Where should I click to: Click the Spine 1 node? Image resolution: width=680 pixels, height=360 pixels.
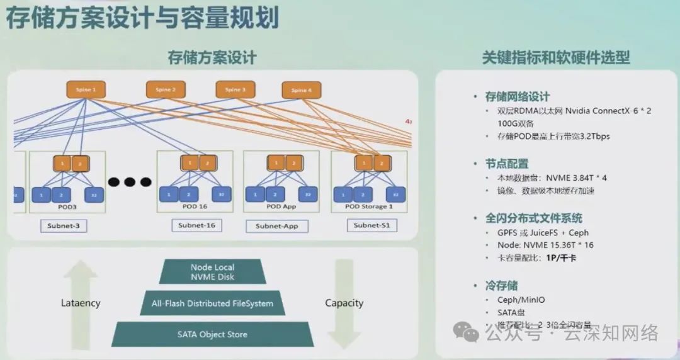pyautogui.click(x=86, y=90)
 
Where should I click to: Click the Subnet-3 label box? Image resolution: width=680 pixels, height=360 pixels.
pyautogui.click(x=64, y=225)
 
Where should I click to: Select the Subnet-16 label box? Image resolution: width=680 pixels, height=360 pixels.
pyautogui.click(x=196, y=225)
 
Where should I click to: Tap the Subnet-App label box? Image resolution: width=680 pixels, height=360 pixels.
pyautogui.click(x=276, y=226)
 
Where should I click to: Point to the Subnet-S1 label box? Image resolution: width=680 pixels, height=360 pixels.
pyautogui.click(x=371, y=225)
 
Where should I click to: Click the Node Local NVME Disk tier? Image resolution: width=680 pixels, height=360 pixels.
pyautogui.click(x=212, y=272)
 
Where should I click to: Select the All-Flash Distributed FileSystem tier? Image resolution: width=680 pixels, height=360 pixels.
pyautogui.click(x=212, y=303)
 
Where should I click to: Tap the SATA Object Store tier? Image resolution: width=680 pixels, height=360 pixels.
pyautogui.click(x=212, y=334)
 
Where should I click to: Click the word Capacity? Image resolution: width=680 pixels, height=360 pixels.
pyautogui.click(x=344, y=303)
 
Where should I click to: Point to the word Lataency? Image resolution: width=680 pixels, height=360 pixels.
pyautogui.click(x=81, y=303)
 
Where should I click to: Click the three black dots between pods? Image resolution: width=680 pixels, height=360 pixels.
pyautogui.click(x=130, y=182)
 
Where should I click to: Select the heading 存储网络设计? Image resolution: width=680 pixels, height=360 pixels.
pyautogui.click(x=517, y=97)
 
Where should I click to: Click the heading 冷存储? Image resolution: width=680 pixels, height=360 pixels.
pyautogui.click(x=501, y=286)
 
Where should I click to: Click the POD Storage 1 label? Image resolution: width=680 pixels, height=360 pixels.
pyautogui.click(x=369, y=206)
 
